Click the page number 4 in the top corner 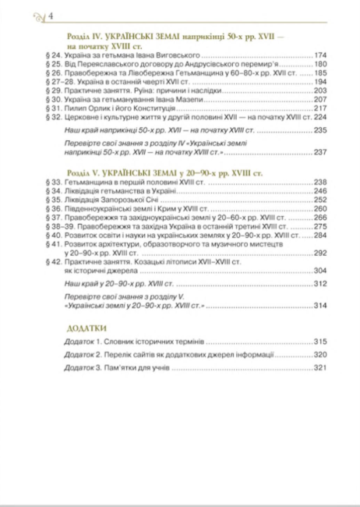pyautogui.click(x=29, y=16)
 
